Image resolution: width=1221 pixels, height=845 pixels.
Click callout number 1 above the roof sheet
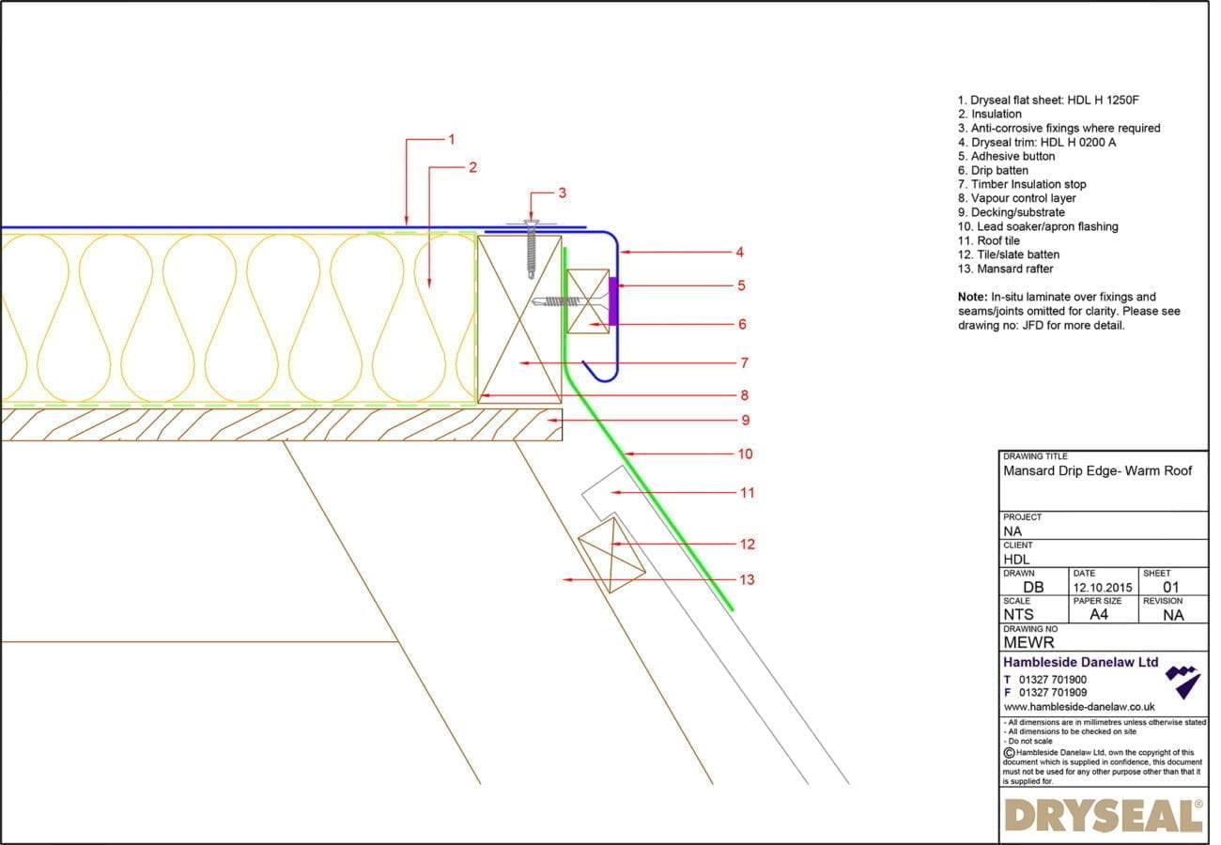tap(451, 139)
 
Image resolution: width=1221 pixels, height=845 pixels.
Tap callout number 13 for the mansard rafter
tap(746, 579)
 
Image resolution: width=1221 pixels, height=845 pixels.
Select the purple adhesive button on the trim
tap(613, 301)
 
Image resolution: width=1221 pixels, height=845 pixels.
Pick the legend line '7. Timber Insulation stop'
tap(1022, 184)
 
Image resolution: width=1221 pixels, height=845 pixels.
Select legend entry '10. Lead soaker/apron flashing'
tap(1038, 226)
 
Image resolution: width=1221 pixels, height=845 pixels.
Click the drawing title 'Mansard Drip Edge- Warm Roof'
tap(1097, 471)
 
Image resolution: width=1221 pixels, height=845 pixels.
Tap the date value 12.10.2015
tap(1105, 588)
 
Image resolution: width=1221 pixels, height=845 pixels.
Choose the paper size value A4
tap(1098, 615)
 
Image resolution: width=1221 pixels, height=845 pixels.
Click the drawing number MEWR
tap(1028, 642)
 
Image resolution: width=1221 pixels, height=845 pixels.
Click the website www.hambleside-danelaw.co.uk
tap(1079, 707)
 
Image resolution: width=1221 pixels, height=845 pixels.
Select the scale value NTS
tap(1018, 615)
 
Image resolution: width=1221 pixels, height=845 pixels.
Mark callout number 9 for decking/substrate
tap(745, 420)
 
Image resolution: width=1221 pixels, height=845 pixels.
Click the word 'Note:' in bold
tap(972, 297)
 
